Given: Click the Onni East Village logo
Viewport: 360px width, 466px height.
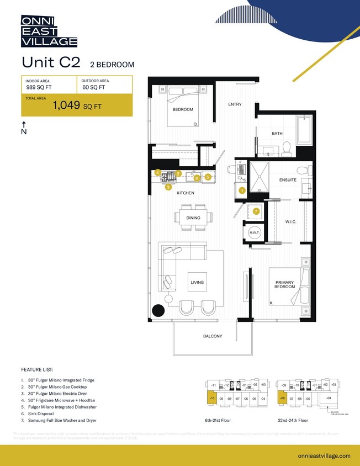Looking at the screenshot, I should [49, 31].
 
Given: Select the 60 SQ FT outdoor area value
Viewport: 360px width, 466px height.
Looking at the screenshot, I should [93, 87].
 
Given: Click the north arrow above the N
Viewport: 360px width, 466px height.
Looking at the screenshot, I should [24, 124].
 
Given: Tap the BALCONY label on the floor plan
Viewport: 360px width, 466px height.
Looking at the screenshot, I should [212, 336].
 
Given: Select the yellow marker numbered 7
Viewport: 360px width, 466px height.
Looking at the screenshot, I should [256, 211].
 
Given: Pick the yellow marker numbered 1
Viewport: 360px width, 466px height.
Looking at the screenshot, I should [242, 190].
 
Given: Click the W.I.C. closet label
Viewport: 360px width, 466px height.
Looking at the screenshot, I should [292, 223].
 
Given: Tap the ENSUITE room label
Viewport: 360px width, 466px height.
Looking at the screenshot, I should [288, 180].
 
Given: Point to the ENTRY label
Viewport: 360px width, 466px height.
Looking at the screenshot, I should [235, 104].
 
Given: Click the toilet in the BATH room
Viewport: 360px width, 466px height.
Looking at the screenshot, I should [287, 147].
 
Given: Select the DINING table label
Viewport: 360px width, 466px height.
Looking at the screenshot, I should [193, 218].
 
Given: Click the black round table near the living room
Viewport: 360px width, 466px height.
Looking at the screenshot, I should [158, 311].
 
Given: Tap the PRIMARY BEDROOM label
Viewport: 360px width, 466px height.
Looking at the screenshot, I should [285, 285].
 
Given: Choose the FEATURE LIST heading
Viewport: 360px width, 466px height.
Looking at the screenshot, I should [38, 369].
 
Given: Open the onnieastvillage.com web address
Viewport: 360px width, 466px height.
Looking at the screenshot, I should [324, 456].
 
